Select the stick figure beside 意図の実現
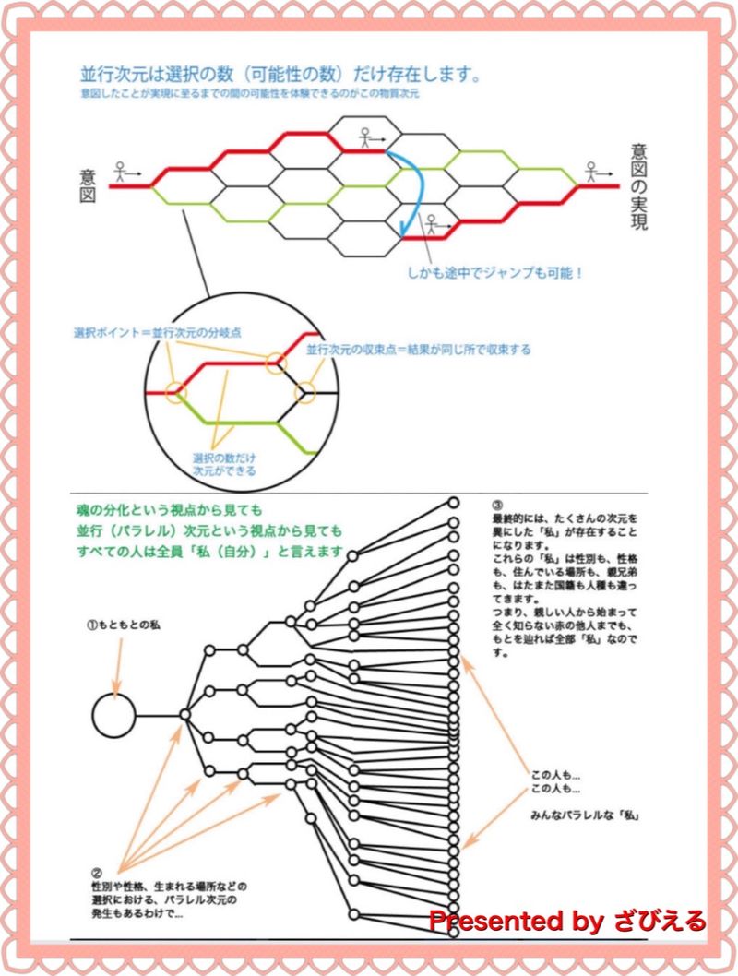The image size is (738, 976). coord(592,171)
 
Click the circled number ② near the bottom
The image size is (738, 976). coord(95,871)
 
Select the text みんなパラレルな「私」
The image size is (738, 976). coord(586,815)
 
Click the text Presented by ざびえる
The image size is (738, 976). coord(566,921)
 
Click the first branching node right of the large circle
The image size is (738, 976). coord(185,713)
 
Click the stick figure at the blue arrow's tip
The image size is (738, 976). coord(431,224)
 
